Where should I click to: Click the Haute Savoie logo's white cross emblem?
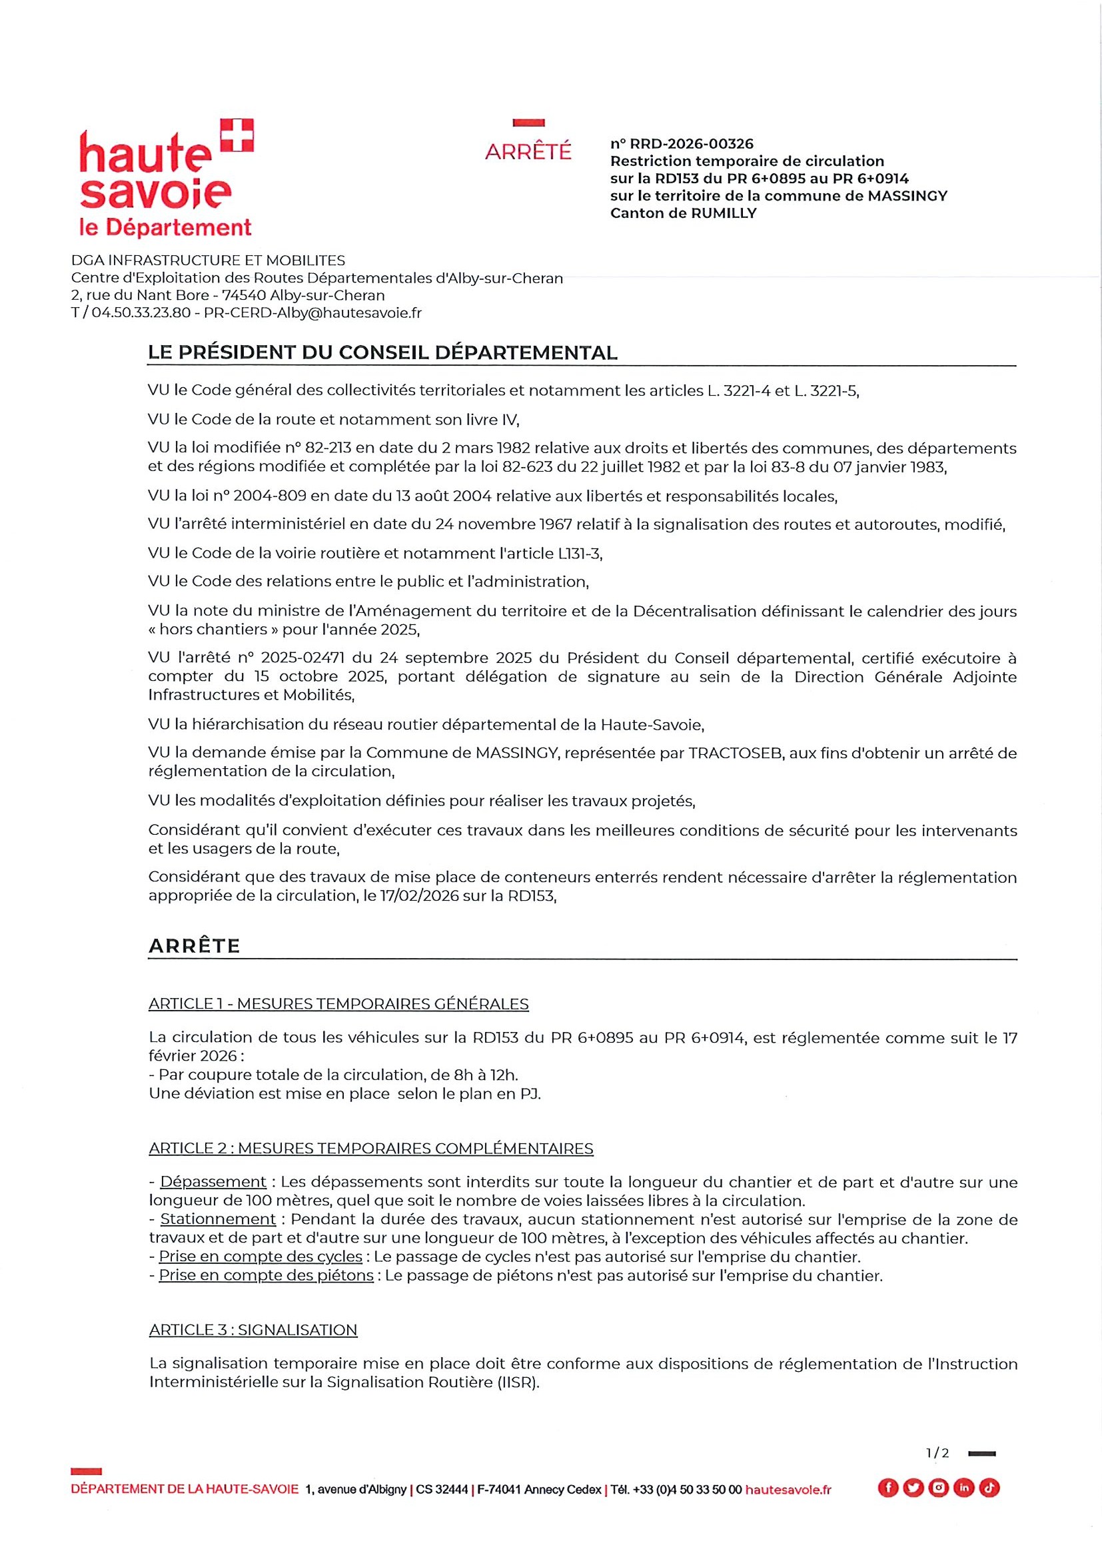(x=237, y=135)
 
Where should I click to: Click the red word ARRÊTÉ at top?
(x=528, y=151)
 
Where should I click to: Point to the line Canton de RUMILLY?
(x=682, y=213)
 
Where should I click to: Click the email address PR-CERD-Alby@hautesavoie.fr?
(x=312, y=313)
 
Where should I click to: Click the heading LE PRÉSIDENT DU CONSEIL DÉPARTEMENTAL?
(x=382, y=353)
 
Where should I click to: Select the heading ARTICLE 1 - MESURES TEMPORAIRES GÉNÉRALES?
(x=338, y=1003)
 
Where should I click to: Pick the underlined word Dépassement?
(x=213, y=1181)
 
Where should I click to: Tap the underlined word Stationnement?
(x=217, y=1219)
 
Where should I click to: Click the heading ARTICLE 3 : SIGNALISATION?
(x=253, y=1330)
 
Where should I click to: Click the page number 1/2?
(x=937, y=1453)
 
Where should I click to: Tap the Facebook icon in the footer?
(x=887, y=1488)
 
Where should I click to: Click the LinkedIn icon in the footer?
(x=963, y=1488)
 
